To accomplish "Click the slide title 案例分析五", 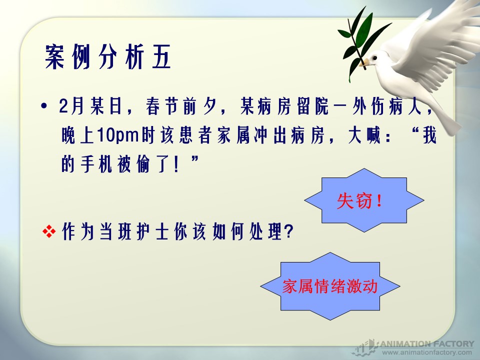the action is [108, 57].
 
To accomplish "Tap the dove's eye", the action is [374, 57].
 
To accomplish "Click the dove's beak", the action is [364, 63].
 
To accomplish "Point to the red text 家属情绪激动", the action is [329, 286].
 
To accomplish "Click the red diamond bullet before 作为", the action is [49, 231].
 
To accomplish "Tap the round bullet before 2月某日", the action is [44, 106].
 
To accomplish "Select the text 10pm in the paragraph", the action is [118, 135].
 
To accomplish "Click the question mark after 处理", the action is [288, 231].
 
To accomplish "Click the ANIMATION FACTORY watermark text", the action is [427, 344].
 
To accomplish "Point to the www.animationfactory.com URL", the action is [427, 352].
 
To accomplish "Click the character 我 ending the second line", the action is [429, 135].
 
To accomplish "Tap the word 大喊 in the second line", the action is [364, 135].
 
